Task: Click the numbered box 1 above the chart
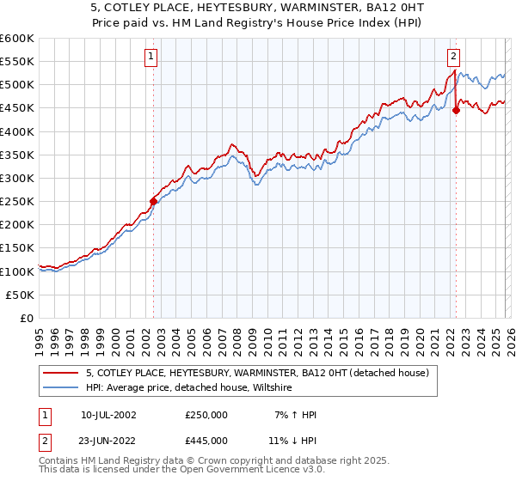pos(150,57)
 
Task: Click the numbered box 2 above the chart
pos(453,57)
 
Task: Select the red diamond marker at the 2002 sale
pos(153,202)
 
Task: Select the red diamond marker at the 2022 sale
pos(456,110)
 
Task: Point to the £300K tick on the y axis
pos(17,178)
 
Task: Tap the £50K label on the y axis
pos(21,295)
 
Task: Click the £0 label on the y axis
pos(28,318)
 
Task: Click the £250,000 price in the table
pos(206,415)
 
